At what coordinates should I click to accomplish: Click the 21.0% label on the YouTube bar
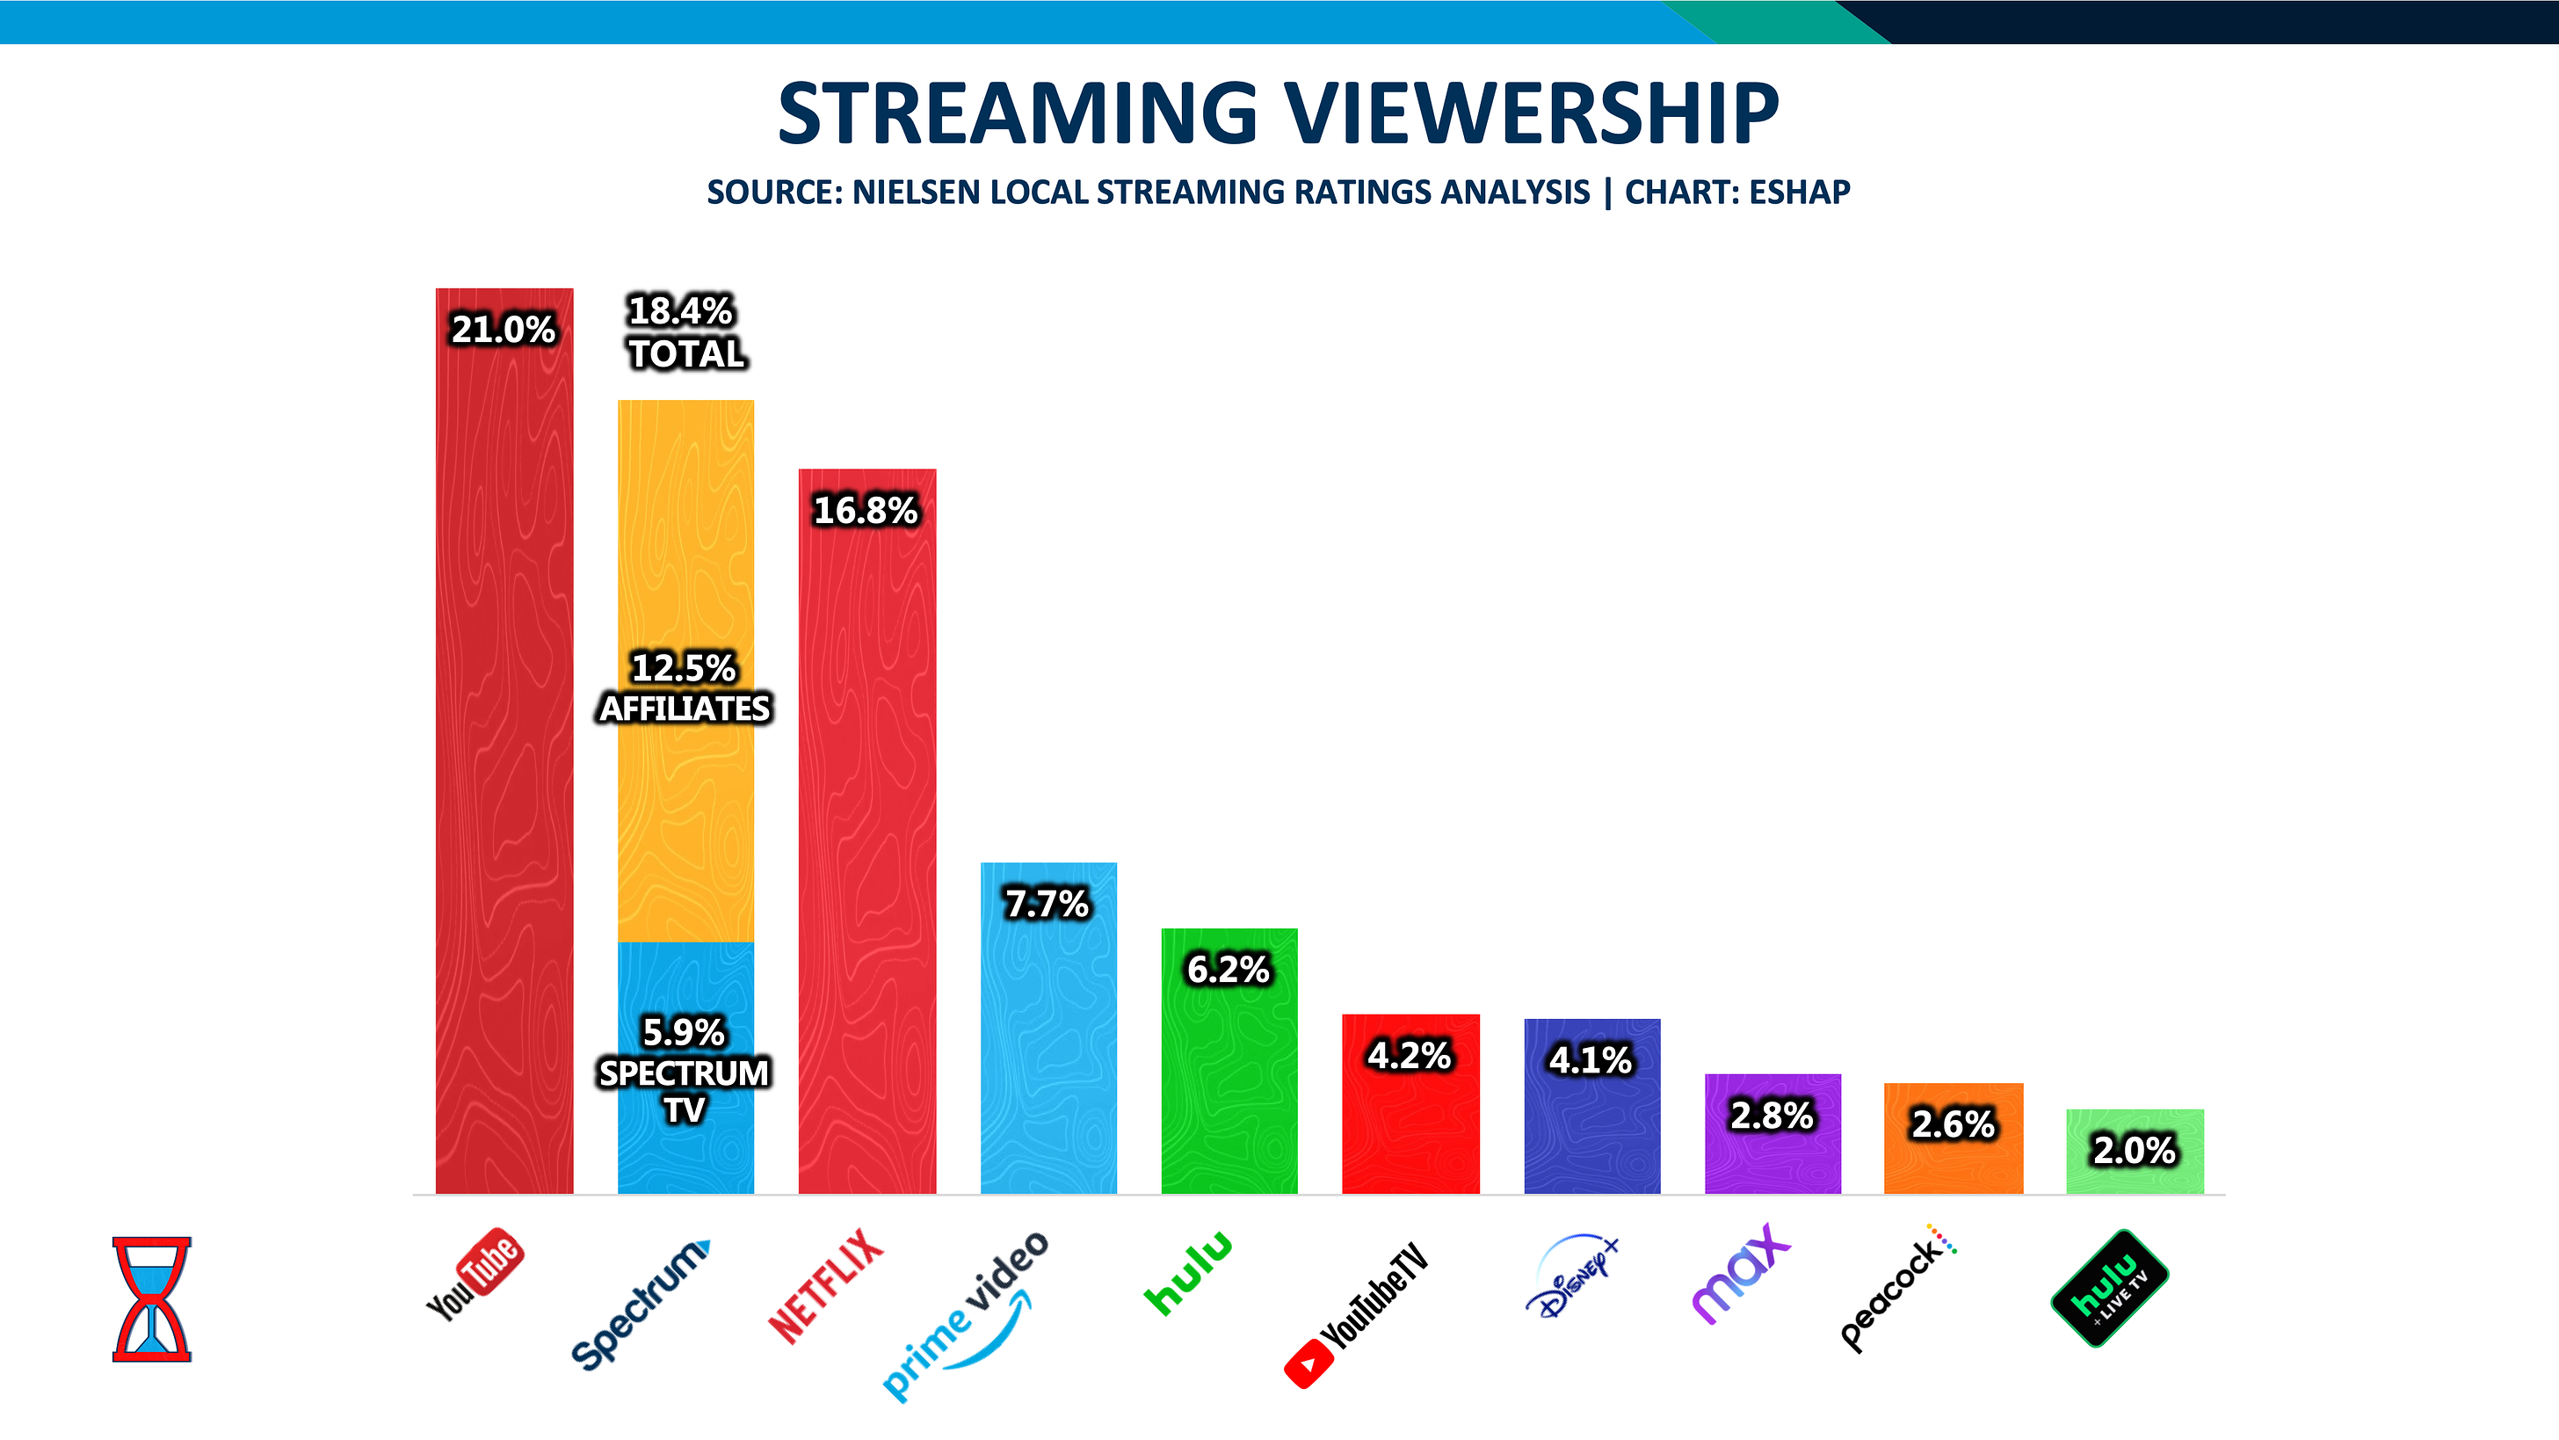[503, 329]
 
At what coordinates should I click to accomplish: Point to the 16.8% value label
[866, 510]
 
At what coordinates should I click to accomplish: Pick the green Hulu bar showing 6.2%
[1229, 1083]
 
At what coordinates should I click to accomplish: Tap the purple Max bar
[1772, 1158]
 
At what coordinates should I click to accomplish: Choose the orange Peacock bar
[1953, 1163]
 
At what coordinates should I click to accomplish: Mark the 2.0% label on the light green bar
[2134, 1150]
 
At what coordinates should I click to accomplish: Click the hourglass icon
[151, 1298]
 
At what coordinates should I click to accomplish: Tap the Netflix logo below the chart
[825, 1286]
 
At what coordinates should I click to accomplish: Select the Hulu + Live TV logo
[2109, 1288]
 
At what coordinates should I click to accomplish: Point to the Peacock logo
[1897, 1288]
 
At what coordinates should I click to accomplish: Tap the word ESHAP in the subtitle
[1799, 192]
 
